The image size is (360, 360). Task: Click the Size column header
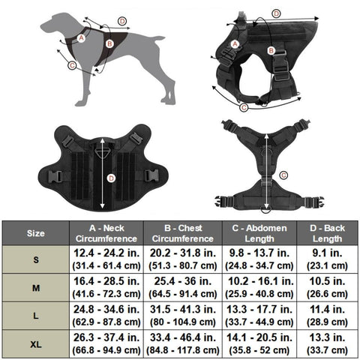pos(36,233)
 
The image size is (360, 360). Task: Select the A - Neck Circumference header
pos(106,233)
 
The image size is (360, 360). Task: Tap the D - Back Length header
pos(327,233)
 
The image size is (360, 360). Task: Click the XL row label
pos(36,344)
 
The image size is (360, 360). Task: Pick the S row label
pos(36,259)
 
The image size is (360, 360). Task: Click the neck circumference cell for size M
pos(106,287)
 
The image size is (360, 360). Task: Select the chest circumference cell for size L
pos(183,316)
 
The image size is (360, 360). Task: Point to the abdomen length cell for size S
pos(259,259)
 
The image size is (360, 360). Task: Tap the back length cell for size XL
pos(327,344)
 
